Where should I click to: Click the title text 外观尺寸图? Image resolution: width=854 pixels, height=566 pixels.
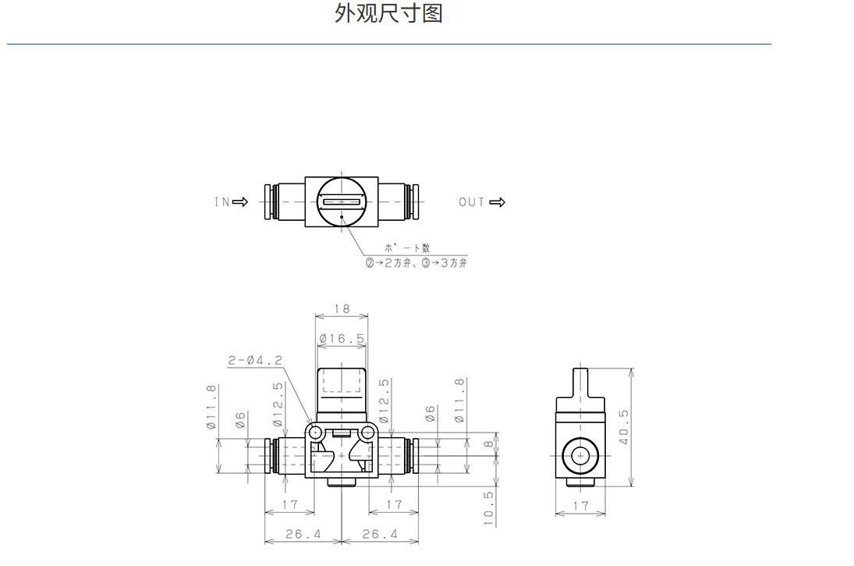click(x=388, y=13)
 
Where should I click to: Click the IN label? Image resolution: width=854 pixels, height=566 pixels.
click(x=221, y=201)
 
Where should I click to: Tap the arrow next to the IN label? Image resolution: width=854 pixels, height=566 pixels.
click(x=240, y=201)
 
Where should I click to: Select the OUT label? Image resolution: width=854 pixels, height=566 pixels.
click(x=472, y=202)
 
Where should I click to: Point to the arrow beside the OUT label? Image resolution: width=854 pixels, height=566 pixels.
click(x=498, y=202)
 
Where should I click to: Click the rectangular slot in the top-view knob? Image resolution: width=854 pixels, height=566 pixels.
click(x=342, y=201)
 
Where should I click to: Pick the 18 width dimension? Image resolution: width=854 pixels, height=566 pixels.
click(x=342, y=308)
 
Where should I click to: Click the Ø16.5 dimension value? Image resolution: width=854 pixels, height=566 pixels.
click(x=342, y=339)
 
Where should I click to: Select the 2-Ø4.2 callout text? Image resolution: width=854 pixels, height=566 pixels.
click(x=256, y=360)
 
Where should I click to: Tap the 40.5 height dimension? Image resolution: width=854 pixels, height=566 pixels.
click(x=624, y=426)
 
